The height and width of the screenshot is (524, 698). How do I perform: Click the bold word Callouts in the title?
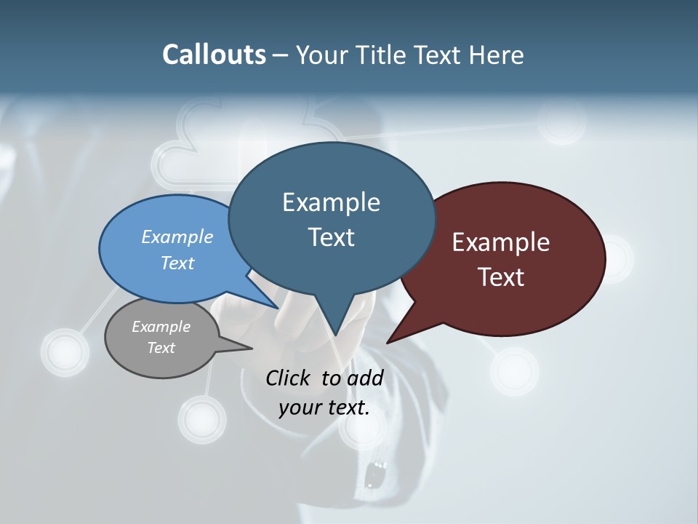pyautogui.click(x=214, y=55)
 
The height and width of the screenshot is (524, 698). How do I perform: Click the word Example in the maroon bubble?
pyautogui.click(x=501, y=242)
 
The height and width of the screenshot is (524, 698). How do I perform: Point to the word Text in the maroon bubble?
pyautogui.click(x=501, y=277)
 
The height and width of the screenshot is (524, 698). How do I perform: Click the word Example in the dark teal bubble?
pyautogui.click(x=331, y=202)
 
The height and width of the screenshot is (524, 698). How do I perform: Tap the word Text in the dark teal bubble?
pyautogui.click(x=331, y=237)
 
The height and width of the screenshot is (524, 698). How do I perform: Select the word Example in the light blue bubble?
pyautogui.click(x=177, y=237)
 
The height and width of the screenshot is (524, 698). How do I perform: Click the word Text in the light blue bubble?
pyautogui.click(x=177, y=263)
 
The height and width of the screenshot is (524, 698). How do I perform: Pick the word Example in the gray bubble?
pyautogui.click(x=161, y=327)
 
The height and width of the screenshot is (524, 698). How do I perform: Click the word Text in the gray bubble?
pyautogui.click(x=161, y=348)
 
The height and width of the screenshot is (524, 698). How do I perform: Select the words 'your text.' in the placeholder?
pyautogui.click(x=324, y=408)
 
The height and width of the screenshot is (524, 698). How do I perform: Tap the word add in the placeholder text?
pyautogui.click(x=365, y=378)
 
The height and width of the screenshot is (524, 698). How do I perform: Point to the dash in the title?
pyautogui.click(x=281, y=55)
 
